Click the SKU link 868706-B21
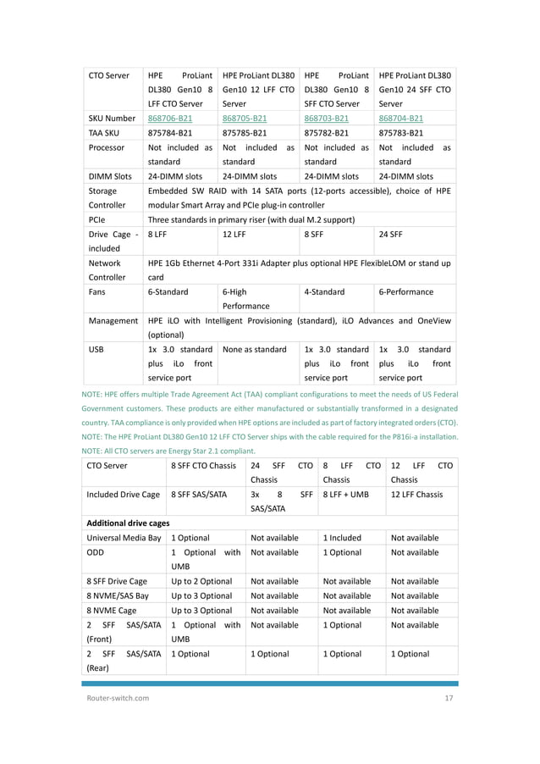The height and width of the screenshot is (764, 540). (171, 119)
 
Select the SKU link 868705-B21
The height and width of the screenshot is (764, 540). (245, 119)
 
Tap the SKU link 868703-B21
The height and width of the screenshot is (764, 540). (327, 119)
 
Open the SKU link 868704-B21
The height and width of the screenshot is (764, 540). (401, 119)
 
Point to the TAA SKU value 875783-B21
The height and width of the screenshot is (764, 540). (401, 133)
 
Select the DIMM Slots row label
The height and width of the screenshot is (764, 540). (110, 176)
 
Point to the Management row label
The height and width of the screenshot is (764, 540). (113, 321)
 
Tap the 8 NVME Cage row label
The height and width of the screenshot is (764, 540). (117, 610)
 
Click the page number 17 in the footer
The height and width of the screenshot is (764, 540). (449, 698)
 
